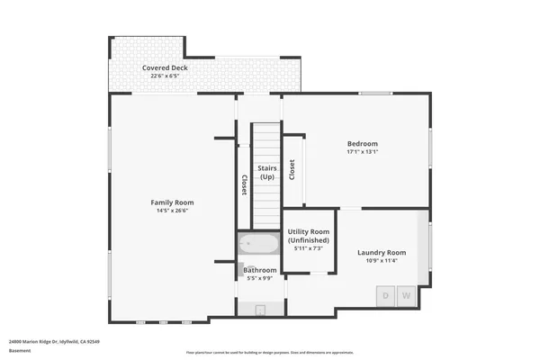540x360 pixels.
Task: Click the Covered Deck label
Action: click(164, 68)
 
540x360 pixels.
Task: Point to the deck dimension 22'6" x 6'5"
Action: click(164, 76)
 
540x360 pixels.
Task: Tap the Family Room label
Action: click(172, 202)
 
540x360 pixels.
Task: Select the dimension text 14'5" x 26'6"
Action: click(172, 211)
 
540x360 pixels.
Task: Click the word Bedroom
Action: click(363, 144)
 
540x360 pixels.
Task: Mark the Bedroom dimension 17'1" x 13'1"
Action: click(363, 152)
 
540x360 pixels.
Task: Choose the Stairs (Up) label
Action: click(266, 172)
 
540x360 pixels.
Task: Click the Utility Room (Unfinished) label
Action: click(309, 237)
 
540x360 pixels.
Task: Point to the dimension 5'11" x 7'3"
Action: click(309, 248)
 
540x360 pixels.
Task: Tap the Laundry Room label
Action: click(382, 253)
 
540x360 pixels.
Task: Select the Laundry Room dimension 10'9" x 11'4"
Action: click(382, 262)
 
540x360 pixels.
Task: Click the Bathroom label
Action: click(260, 270)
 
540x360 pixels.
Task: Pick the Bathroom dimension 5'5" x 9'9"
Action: click(260, 279)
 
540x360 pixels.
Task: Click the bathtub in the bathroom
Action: click(259, 244)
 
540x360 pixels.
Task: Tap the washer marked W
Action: click(406, 294)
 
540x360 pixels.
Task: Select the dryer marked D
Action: click(386, 294)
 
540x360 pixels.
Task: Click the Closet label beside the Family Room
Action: click(244, 184)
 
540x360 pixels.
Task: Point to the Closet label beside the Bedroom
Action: click(292, 169)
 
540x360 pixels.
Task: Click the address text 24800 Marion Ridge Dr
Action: click(54, 342)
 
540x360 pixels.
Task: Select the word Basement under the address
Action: click(20, 351)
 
